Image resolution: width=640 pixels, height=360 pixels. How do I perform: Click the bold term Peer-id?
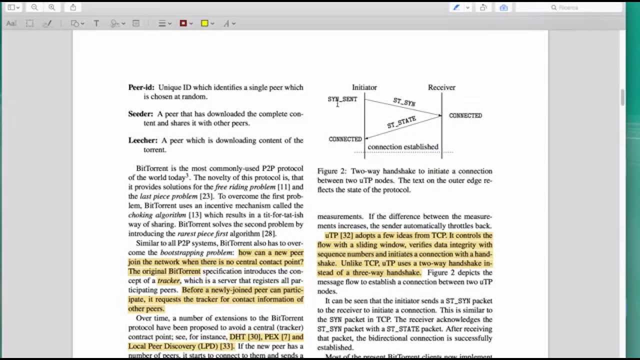[141, 87]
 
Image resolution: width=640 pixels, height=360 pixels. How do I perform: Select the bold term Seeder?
[140, 114]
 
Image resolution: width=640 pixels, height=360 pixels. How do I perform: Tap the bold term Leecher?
[142, 140]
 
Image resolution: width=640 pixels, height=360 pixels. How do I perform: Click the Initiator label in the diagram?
[364, 87]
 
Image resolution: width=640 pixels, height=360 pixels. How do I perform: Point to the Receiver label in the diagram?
[441, 87]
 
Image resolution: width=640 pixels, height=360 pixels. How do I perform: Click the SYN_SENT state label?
[342, 99]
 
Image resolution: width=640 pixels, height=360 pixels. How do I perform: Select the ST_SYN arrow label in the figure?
[404, 102]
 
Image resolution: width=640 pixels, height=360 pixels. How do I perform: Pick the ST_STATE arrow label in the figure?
[401, 122]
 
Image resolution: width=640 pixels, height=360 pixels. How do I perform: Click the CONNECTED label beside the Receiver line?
[465, 115]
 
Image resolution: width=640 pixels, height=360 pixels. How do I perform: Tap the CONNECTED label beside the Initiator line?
[345, 139]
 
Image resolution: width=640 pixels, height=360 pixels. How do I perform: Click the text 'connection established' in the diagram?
[403, 147]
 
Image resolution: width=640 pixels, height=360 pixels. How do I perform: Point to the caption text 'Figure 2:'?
[332, 171]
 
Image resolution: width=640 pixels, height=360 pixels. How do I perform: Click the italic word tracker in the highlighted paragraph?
[168, 281]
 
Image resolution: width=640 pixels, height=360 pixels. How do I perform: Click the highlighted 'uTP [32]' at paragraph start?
[338, 235]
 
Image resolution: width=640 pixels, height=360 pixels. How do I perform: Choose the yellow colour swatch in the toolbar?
[204, 23]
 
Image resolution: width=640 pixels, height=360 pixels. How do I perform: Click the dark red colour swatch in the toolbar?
[183, 23]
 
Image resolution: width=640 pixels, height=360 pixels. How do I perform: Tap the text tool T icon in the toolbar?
[96, 23]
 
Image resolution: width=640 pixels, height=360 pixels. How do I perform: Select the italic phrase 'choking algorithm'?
[157, 215]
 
